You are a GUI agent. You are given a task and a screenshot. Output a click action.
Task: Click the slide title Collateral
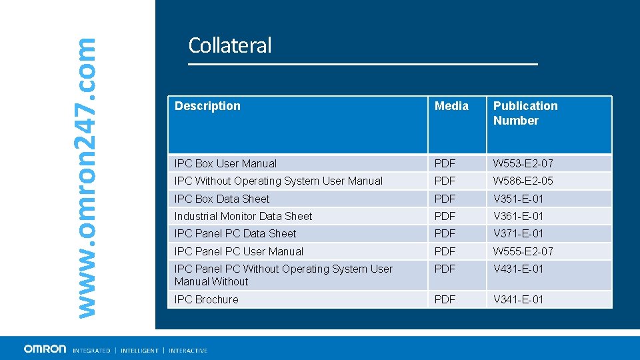point(230,45)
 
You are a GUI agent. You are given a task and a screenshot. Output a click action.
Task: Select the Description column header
point(207,106)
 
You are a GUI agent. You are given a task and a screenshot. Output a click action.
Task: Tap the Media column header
point(451,106)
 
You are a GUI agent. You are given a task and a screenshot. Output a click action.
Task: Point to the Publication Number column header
point(525,113)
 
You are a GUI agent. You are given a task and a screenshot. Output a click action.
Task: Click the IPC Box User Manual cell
point(225,163)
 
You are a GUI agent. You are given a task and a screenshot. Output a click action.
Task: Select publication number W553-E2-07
point(523,163)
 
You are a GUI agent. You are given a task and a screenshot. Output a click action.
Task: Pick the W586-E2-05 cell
point(523,181)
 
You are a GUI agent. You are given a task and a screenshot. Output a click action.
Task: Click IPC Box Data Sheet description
point(222,199)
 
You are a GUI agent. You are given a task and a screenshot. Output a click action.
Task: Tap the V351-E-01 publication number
point(519,199)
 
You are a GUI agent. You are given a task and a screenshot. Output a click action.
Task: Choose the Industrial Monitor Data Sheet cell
point(243,216)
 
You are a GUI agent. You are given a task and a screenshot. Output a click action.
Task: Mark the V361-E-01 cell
point(519,216)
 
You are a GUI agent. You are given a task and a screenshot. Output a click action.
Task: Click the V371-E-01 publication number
point(519,233)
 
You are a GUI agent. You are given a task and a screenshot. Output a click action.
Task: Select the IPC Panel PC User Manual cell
point(239,251)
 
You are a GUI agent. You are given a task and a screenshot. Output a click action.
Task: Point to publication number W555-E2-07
point(523,251)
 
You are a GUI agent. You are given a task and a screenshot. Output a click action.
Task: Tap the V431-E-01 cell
point(519,269)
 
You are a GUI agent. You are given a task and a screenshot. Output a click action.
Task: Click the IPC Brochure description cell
point(206,299)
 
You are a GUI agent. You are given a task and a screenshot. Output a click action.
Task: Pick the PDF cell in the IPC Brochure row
point(445,299)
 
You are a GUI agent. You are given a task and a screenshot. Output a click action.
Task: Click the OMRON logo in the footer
point(45,349)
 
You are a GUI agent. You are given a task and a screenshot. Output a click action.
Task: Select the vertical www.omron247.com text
point(85,177)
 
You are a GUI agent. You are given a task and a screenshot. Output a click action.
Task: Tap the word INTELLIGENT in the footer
point(139,351)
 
